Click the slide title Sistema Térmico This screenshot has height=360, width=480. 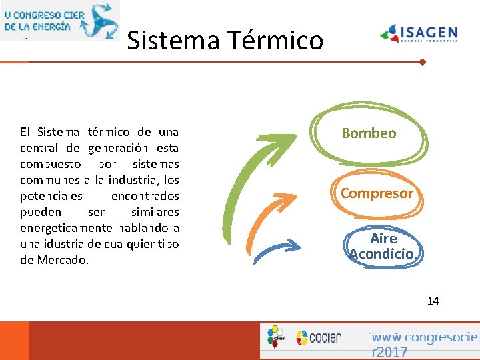click(225, 41)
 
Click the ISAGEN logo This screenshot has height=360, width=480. click(418, 33)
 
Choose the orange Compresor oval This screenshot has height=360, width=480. click(377, 193)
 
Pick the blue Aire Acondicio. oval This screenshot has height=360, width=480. click(384, 246)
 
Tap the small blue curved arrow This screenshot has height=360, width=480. click(273, 250)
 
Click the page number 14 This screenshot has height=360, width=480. click(433, 301)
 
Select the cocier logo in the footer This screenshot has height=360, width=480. click(319, 337)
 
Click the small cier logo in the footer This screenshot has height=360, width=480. click(275, 337)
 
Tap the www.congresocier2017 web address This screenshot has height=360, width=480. click(424, 344)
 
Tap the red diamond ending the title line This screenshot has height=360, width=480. click(422, 63)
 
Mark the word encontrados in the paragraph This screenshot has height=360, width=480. click(145, 196)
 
